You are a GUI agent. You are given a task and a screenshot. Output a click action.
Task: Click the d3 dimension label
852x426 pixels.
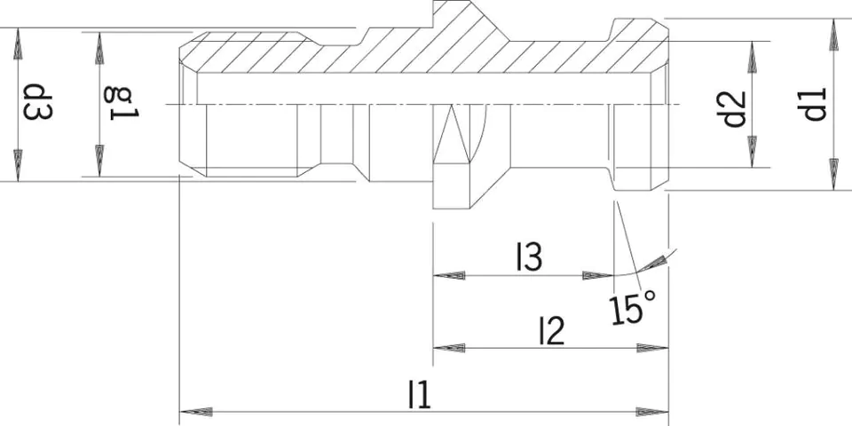pyautogui.click(x=37, y=102)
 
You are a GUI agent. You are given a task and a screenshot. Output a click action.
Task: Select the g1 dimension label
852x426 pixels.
pyautogui.click(x=122, y=103)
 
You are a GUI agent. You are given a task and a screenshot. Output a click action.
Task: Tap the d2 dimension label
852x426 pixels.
pyautogui.click(x=735, y=109)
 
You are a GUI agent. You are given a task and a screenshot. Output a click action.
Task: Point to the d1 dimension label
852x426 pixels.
pyautogui.click(x=811, y=105)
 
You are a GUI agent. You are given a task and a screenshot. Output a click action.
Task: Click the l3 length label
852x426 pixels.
pyautogui.click(x=529, y=257)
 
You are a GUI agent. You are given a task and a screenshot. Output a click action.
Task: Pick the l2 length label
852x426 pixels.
pyautogui.click(x=551, y=331)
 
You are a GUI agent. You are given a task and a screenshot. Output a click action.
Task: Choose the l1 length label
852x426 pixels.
pyautogui.click(x=420, y=395)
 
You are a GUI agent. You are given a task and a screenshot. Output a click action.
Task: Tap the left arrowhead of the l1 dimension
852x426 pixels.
pyautogui.click(x=195, y=412)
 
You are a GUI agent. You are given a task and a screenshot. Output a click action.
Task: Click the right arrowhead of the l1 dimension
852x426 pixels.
pyautogui.click(x=652, y=412)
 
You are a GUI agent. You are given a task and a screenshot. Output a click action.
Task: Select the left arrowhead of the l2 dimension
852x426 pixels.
pyautogui.click(x=449, y=348)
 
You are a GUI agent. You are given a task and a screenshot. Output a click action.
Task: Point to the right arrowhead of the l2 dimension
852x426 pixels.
pyautogui.click(x=652, y=348)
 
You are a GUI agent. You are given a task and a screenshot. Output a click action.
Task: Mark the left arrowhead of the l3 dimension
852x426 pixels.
pyautogui.click(x=449, y=275)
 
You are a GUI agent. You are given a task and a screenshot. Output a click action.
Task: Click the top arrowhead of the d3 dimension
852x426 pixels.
pyautogui.click(x=18, y=43)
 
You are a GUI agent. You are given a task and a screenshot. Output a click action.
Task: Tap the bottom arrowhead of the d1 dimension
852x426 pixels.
pyautogui.click(x=834, y=175)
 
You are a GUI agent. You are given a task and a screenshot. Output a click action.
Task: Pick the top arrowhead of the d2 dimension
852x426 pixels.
pyautogui.click(x=753, y=57)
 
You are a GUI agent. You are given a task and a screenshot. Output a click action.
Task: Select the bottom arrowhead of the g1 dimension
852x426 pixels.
pyautogui.click(x=99, y=161)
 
